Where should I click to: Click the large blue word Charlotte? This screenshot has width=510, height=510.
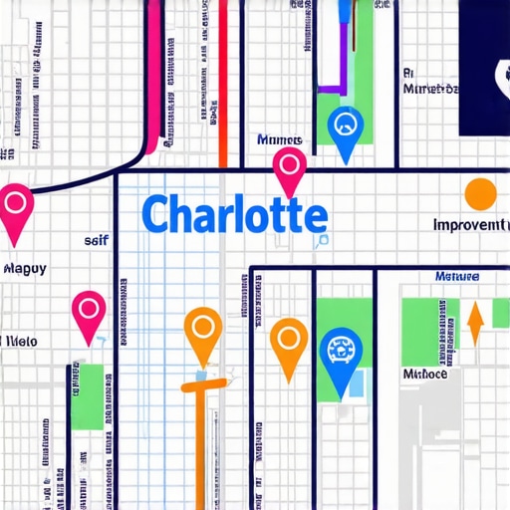click(x=233, y=215)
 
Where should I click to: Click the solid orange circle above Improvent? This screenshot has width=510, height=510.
click(x=480, y=194)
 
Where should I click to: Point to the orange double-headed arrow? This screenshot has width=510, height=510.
click(x=475, y=323)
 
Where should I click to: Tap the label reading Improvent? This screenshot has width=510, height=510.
click(x=469, y=225)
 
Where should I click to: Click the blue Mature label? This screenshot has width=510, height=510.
click(x=457, y=276)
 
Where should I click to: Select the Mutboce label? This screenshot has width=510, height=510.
click(x=424, y=375)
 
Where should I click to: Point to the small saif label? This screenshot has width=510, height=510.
click(x=95, y=240)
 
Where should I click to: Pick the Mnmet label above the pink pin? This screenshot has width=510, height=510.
click(x=280, y=140)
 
